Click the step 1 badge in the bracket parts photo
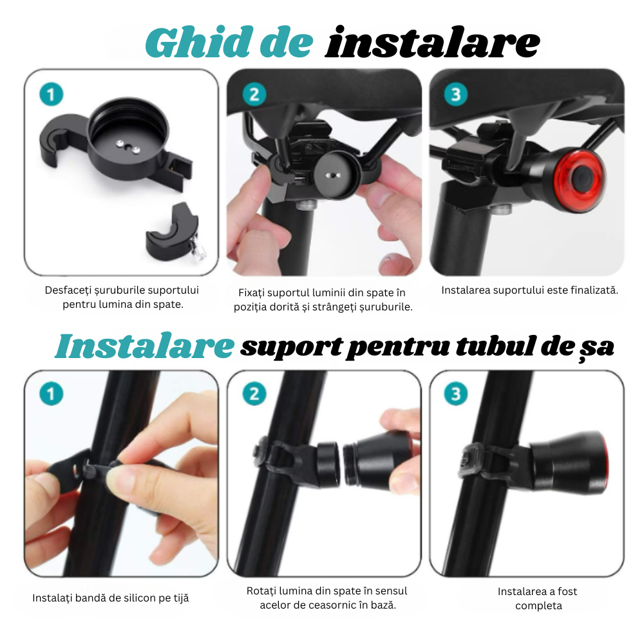click(x=52, y=95)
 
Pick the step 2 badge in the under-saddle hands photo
click(x=254, y=95)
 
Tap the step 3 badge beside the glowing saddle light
click(x=456, y=95)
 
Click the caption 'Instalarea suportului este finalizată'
click(x=529, y=290)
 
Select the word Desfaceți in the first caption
click(x=68, y=290)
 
